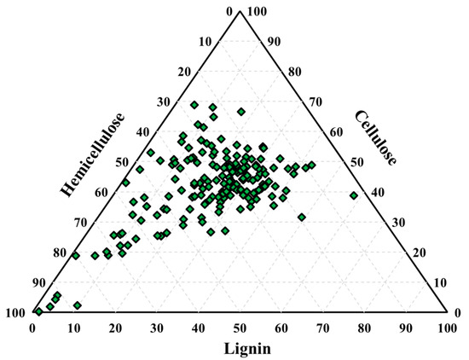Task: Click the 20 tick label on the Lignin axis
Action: pos(115,327)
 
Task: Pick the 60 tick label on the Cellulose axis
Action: pos(334,131)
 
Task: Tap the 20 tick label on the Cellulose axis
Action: pos(417,253)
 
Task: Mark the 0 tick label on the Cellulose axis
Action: pos(458,312)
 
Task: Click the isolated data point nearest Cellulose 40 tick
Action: pos(354,195)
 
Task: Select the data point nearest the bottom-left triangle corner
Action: pos(38,311)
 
